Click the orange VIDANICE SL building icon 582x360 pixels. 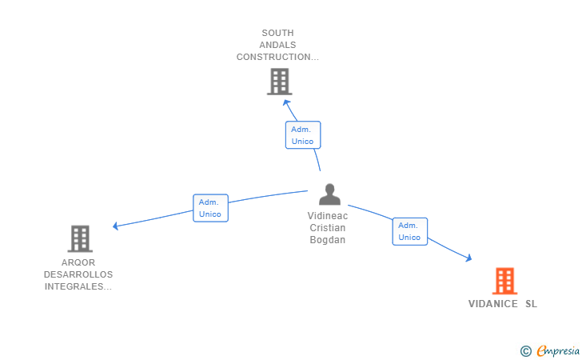(x=504, y=281)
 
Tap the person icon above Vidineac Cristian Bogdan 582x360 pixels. (x=329, y=194)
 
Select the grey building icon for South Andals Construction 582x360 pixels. (x=280, y=82)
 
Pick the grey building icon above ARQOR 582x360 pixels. (x=80, y=238)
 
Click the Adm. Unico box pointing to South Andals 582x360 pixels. (x=303, y=135)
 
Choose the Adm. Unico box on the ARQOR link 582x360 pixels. (x=210, y=208)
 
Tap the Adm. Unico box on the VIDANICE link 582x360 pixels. (x=410, y=231)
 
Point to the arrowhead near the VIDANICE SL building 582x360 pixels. (x=468, y=258)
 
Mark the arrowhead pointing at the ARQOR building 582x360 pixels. (x=115, y=226)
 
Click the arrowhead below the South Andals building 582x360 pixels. (x=286, y=103)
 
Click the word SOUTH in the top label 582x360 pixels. (x=277, y=33)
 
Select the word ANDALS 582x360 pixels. (x=277, y=45)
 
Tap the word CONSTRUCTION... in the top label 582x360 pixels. (x=277, y=57)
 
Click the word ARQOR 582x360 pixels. (x=78, y=262)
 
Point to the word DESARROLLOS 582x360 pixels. (x=78, y=274)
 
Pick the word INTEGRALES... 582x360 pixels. (x=78, y=286)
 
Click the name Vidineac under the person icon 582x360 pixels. (x=328, y=216)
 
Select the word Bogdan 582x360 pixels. (x=328, y=240)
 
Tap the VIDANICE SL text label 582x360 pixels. (x=503, y=304)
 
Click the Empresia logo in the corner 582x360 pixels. (x=550, y=350)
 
